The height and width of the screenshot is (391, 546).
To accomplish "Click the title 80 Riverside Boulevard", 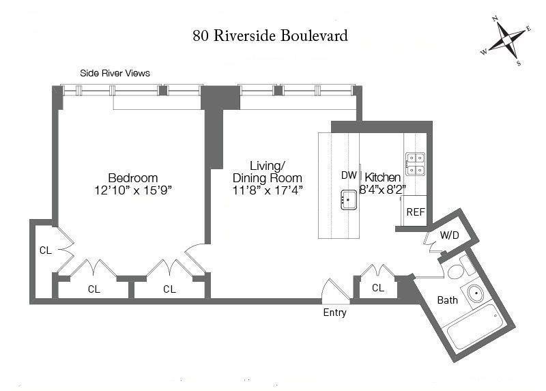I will [270, 35].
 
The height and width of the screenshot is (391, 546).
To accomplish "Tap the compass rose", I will [506, 41].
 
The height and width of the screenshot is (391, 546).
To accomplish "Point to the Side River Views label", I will [115, 73].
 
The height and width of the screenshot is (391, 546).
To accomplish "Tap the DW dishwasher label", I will [349, 175].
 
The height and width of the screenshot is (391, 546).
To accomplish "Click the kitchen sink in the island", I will [348, 201].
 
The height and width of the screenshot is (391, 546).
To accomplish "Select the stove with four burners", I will [415, 164].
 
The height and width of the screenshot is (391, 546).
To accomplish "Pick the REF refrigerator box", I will [416, 212].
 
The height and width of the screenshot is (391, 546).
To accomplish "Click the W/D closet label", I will [449, 235].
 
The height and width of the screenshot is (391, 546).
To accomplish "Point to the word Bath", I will [448, 300].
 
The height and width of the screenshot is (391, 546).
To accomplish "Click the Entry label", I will [334, 313].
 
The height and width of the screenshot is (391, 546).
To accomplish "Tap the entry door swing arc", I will [334, 287].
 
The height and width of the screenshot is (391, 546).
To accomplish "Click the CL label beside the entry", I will [378, 288].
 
